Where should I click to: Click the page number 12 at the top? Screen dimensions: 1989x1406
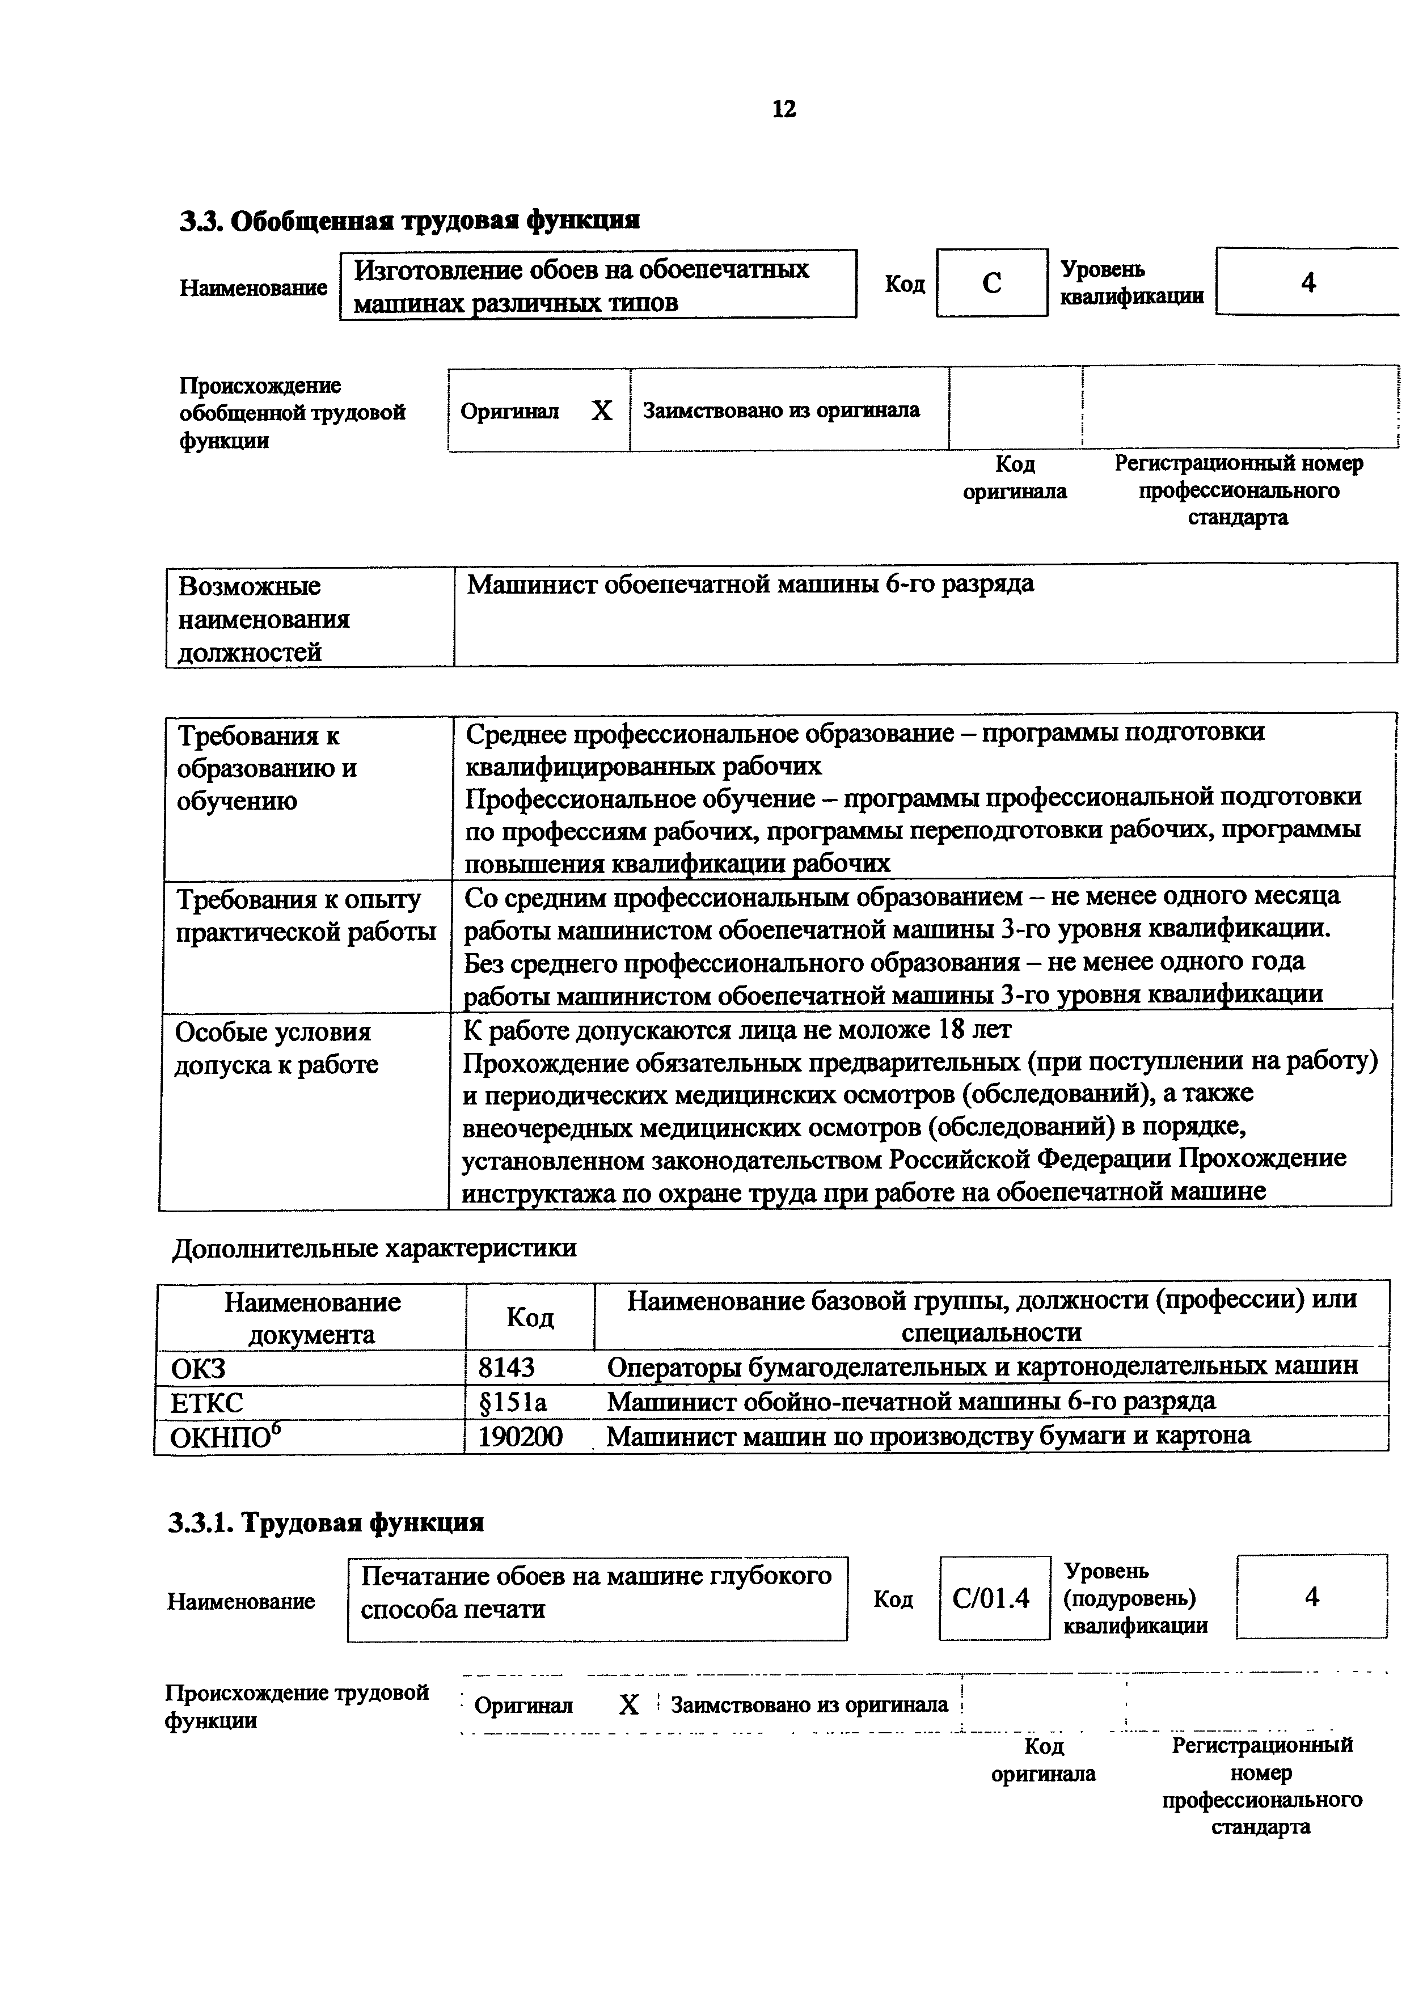tap(783, 109)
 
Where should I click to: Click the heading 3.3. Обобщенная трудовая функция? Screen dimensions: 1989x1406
tap(409, 220)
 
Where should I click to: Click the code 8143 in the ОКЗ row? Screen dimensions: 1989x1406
tap(507, 1367)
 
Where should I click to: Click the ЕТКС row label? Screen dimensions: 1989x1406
tap(207, 1402)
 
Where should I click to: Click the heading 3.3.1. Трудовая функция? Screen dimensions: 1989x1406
tap(326, 1522)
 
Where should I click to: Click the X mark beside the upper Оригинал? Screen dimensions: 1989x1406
tap(601, 411)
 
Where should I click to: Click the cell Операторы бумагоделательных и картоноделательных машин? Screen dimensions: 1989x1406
tap(982, 1367)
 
